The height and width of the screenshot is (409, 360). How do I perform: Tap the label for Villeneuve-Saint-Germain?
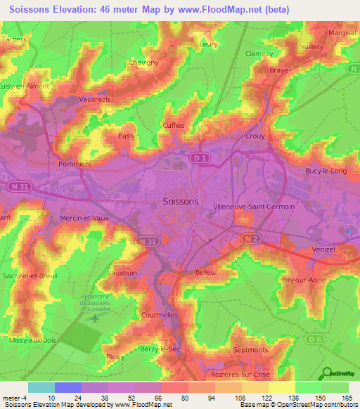[253, 207]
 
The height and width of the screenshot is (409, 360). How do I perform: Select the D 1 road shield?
[199, 159]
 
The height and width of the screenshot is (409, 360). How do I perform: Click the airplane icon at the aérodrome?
[95, 318]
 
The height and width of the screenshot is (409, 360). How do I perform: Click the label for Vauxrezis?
[95, 100]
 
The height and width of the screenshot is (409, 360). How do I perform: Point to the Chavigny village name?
[143, 62]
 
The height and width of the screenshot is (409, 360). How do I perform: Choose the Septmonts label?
[250, 349]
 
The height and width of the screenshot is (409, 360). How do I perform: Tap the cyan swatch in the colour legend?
[41, 387]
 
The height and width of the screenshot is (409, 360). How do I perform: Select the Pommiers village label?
[76, 164]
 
